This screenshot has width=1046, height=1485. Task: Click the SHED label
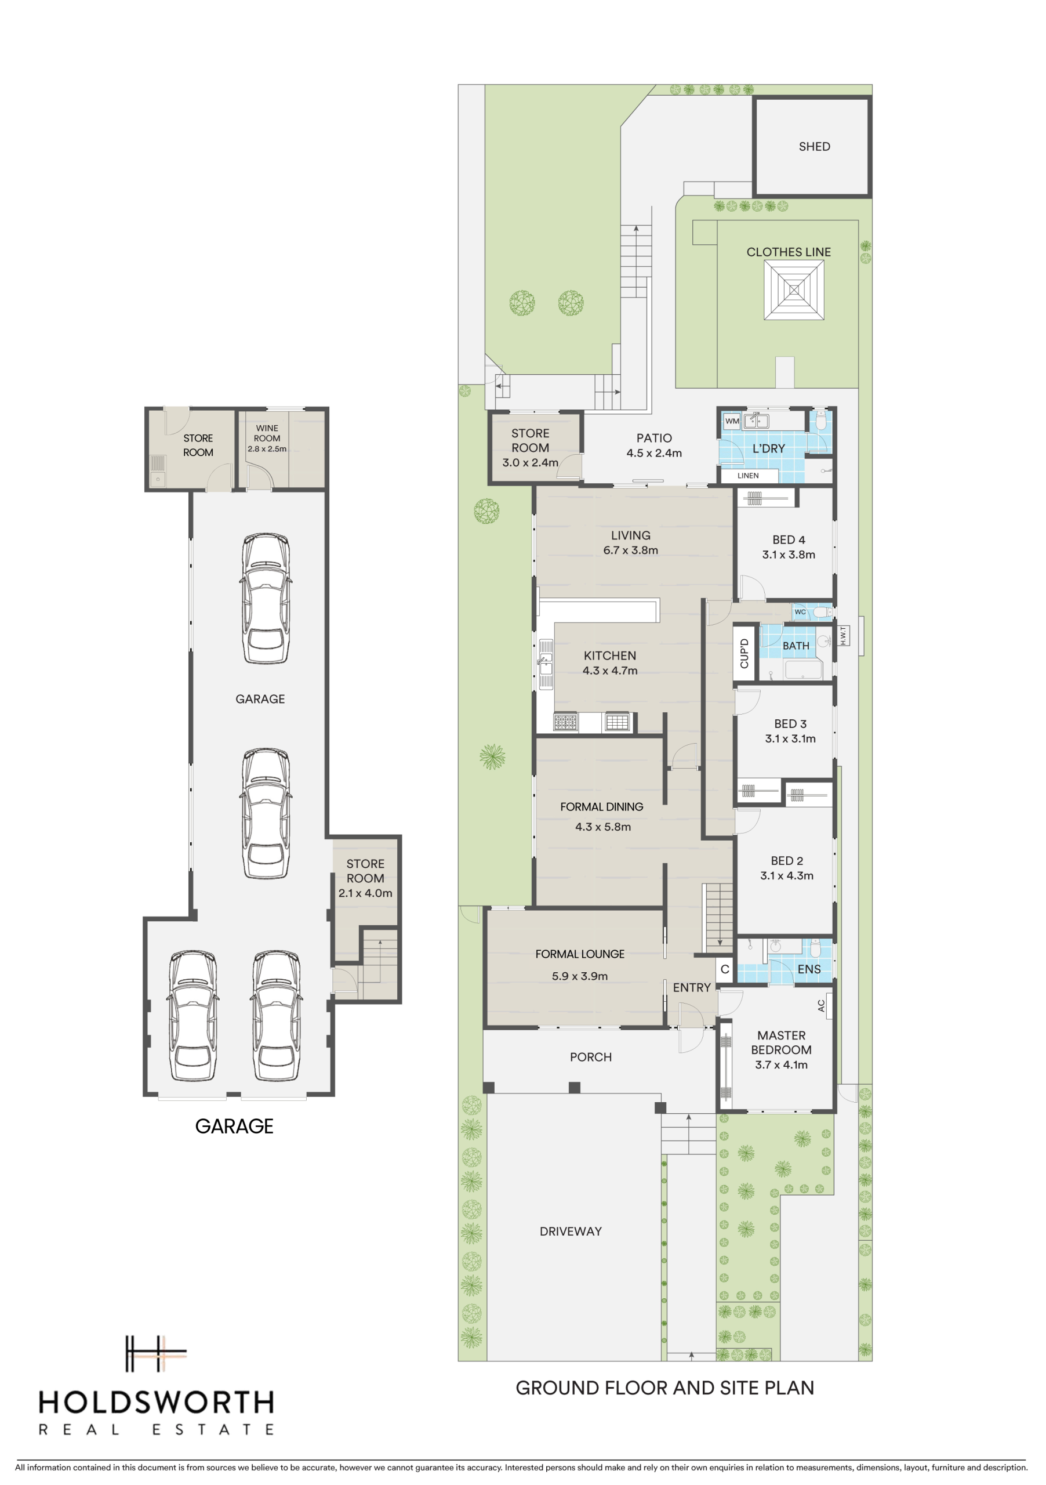tap(814, 147)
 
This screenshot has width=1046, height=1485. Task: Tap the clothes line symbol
tap(793, 290)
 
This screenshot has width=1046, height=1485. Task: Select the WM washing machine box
tap(732, 421)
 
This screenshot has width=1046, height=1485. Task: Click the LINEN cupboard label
tap(748, 476)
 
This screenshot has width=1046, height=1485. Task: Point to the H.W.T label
tap(843, 635)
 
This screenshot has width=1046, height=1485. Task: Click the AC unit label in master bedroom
tap(821, 1006)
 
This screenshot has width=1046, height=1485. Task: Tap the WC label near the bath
tap(800, 612)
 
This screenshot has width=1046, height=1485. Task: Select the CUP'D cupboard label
tap(744, 653)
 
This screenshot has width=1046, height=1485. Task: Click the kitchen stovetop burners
tap(565, 721)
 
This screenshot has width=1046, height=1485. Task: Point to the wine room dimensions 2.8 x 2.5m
tap(267, 449)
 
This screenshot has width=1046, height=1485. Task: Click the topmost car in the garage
tap(266, 598)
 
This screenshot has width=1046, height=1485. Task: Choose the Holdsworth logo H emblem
tap(155, 1353)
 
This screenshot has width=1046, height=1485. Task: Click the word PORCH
tap(590, 1057)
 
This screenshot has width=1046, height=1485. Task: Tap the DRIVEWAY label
tap(570, 1232)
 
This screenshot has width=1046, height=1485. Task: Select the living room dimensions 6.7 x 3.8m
tap(630, 550)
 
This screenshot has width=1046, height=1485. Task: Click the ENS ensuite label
tap(809, 969)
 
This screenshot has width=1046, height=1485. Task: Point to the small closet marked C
tap(725, 969)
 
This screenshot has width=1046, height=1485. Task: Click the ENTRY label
tap(691, 988)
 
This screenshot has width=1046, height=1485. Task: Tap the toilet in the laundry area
tap(820, 421)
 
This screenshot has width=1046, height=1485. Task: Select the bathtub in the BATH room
tap(803, 669)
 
